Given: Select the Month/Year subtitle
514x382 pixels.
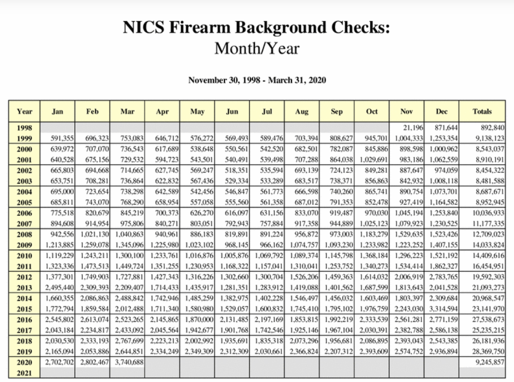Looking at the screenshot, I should tap(257, 48).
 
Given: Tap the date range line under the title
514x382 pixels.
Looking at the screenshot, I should tap(257, 80).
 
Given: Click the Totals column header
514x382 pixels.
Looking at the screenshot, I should tap(482, 111).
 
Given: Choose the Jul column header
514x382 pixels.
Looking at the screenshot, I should tap(267, 111).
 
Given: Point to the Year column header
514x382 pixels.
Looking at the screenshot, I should tap(24, 111).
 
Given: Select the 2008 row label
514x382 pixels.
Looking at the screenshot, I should tap(24, 234).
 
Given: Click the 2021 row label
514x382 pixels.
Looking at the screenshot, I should tap(24, 373).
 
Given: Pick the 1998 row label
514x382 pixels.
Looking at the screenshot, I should tap(24, 127).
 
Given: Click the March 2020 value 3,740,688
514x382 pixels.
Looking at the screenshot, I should tap(128, 362).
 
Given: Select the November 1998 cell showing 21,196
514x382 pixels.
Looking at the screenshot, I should tap(414, 127).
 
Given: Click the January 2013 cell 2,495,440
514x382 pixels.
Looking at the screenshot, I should tap(59, 288).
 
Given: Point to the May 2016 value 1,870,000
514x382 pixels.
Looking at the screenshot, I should tap(199, 320).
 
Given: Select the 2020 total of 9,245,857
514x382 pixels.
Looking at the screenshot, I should tap(488, 362).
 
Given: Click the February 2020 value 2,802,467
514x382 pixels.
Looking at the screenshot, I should tap(94, 362).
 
